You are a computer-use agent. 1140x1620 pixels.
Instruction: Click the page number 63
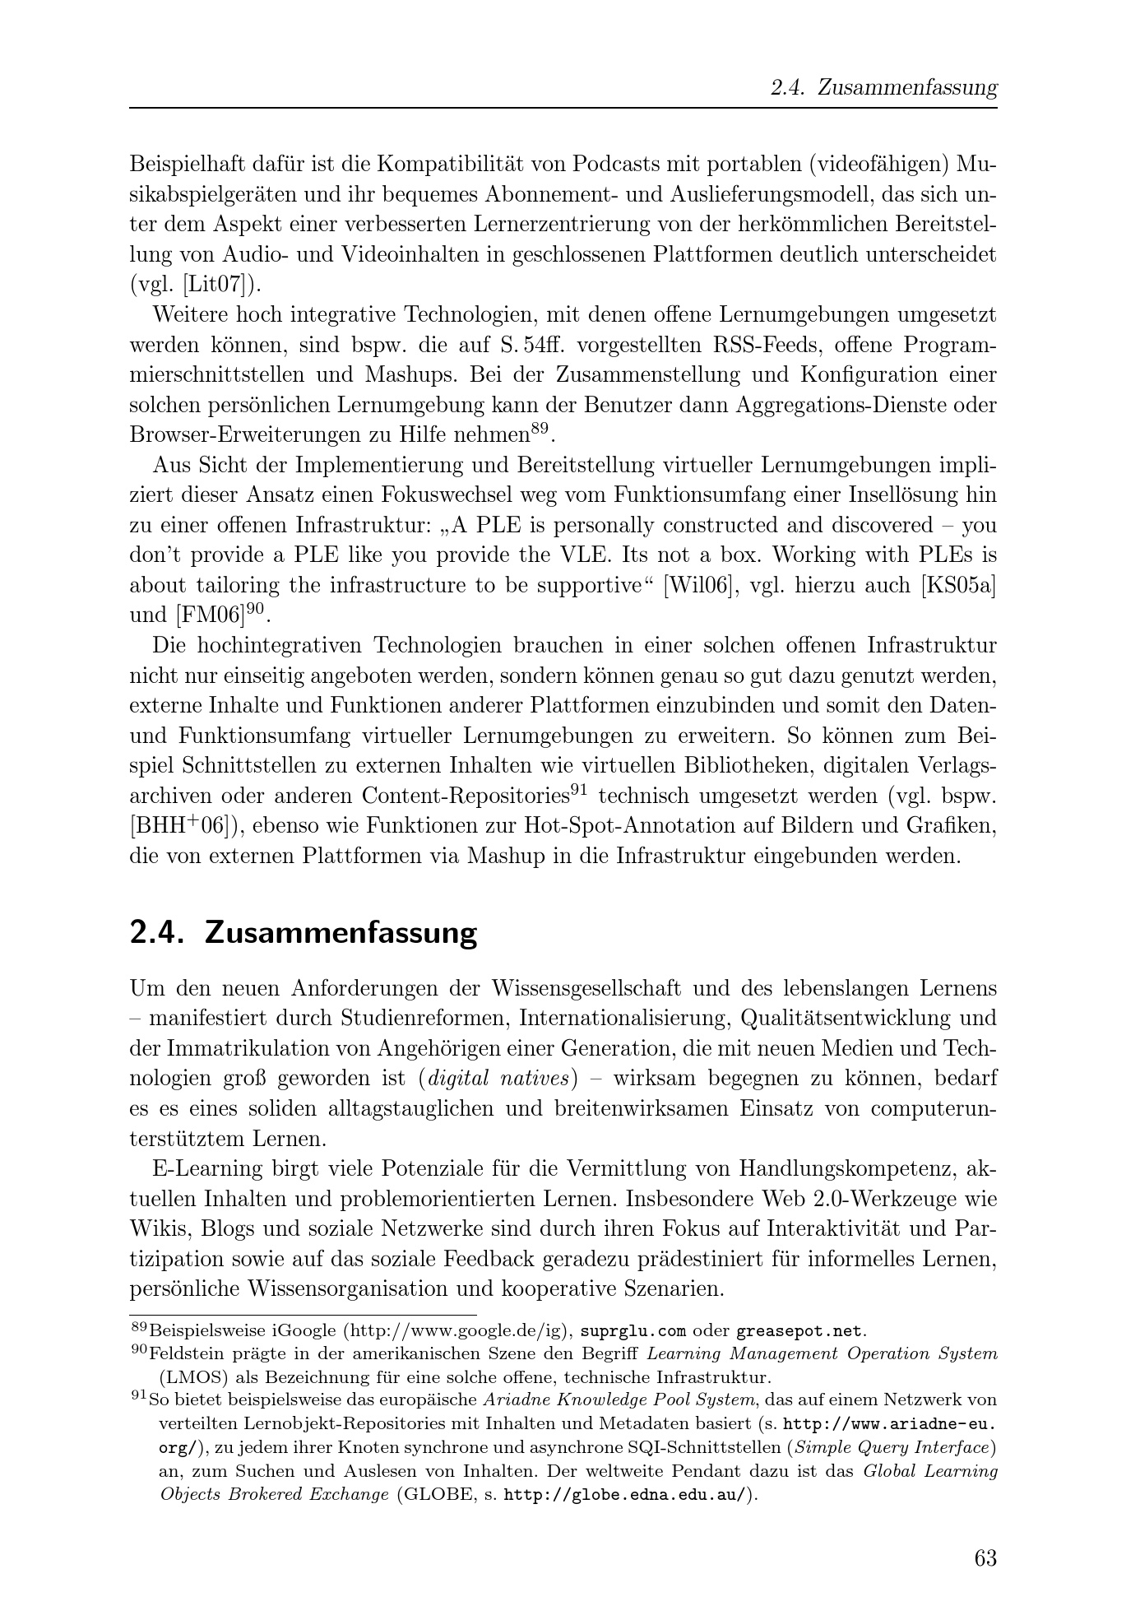(x=985, y=1558)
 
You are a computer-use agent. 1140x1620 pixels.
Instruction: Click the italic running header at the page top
(x=883, y=88)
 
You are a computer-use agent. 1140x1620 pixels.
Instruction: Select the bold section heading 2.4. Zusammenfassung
(x=304, y=933)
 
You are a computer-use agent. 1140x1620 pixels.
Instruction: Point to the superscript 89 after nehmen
(x=539, y=428)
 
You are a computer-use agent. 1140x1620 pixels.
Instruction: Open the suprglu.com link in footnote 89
(x=633, y=1330)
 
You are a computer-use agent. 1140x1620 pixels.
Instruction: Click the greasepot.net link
(x=799, y=1330)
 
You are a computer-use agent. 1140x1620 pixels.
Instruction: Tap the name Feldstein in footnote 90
(x=185, y=1353)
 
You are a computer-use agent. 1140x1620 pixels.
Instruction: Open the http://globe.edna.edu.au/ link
(x=627, y=1494)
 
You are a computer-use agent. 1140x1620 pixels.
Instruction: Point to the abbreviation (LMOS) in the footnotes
(x=188, y=1376)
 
